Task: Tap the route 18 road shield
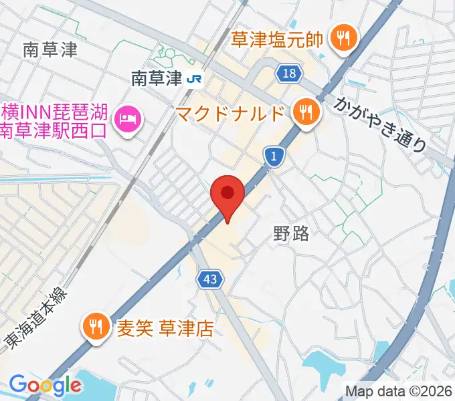(x=289, y=74)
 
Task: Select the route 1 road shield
(x=274, y=156)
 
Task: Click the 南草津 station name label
(x=157, y=79)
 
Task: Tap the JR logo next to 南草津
(x=195, y=79)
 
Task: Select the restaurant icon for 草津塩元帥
(x=343, y=38)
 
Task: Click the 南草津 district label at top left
(x=50, y=49)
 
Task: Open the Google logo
(x=45, y=385)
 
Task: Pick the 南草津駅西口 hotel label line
(x=54, y=130)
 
